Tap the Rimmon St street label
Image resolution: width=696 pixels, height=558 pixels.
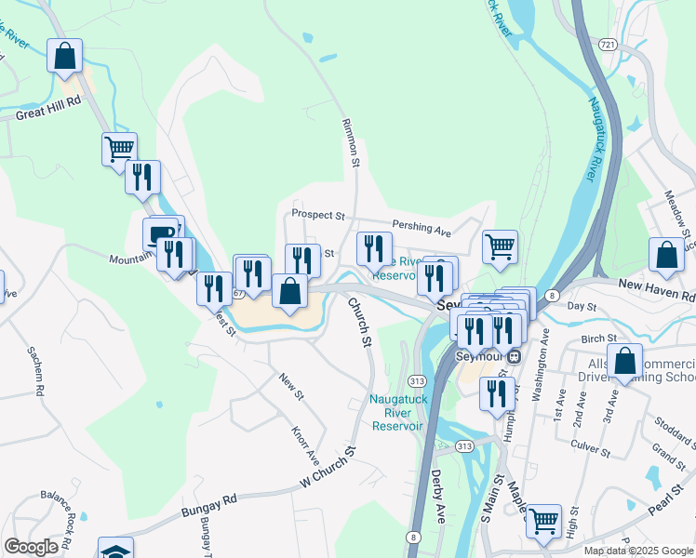[x=350, y=143]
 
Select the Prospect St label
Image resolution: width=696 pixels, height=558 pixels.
[x=317, y=214]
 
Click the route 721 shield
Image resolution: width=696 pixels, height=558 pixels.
[x=608, y=44]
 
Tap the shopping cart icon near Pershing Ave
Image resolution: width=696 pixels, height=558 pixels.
[x=500, y=246]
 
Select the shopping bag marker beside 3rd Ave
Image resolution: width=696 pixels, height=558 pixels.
[x=625, y=360]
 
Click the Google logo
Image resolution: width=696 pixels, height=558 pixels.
[x=31, y=547]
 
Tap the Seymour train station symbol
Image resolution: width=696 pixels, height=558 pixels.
[x=514, y=355]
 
